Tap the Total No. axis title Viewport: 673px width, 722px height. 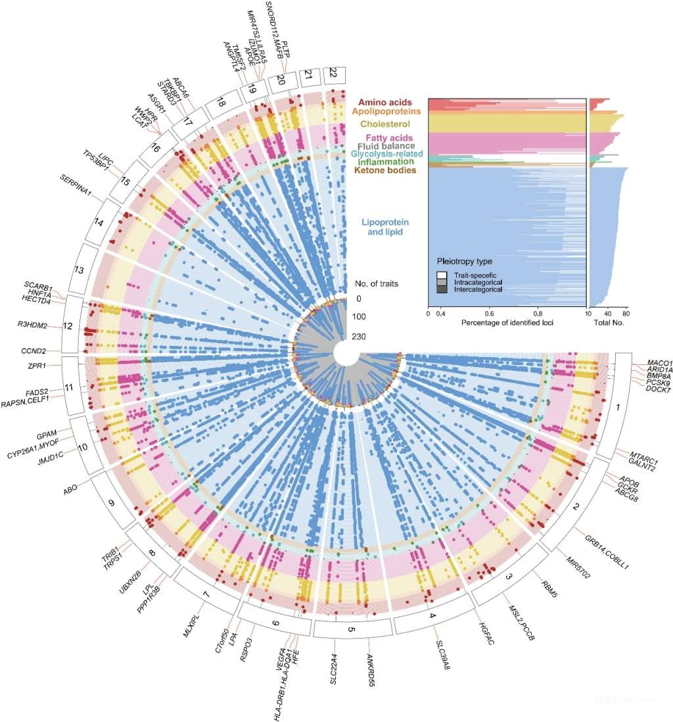pos(609,323)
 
